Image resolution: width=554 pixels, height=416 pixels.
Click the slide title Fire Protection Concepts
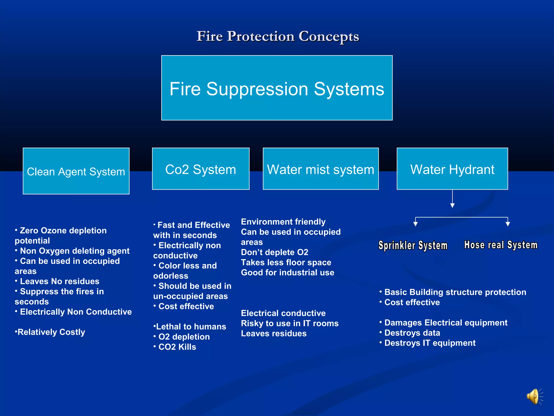pyautogui.click(x=278, y=36)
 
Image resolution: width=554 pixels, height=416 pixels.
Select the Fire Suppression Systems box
pyautogui.click(x=277, y=88)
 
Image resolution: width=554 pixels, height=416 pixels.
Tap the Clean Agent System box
pyautogui.click(x=76, y=171)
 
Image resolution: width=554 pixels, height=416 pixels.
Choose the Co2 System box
pyautogui.click(x=200, y=169)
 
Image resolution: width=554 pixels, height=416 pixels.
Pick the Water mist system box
pyautogui.click(x=321, y=169)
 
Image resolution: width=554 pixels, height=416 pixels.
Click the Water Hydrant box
pyautogui.click(x=452, y=169)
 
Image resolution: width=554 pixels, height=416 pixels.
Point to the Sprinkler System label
pyautogui.click(x=413, y=245)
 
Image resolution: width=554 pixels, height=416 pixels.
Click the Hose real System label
pyautogui.click(x=501, y=245)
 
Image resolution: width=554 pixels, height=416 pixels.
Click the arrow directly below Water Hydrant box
pyautogui.click(x=452, y=200)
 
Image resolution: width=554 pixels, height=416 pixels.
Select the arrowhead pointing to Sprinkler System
pyautogui.click(x=415, y=224)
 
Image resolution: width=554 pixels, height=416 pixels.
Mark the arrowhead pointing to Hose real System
pyautogui.click(x=508, y=224)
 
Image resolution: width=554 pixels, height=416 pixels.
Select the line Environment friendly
pyautogui.click(x=283, y=222)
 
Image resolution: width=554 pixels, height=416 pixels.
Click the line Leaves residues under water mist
pyautogui.click(x=274, y=333)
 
